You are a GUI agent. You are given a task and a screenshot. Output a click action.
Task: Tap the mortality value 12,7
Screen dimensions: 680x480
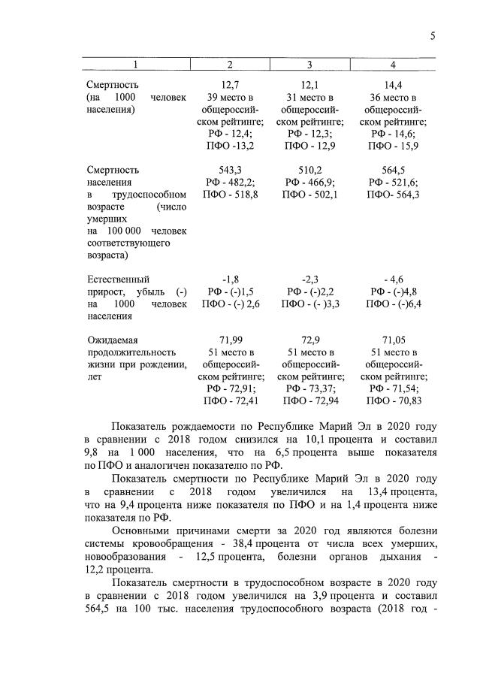pos(229,85)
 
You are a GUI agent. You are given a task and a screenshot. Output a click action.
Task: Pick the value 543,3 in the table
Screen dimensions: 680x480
pos(229,170)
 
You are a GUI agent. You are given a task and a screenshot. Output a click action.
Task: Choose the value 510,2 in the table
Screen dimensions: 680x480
pos(309,170)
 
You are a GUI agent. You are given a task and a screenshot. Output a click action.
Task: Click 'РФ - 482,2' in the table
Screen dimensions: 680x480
pos(229,182)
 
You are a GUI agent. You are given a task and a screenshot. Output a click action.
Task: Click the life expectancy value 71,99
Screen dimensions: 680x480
pos(229,340)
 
